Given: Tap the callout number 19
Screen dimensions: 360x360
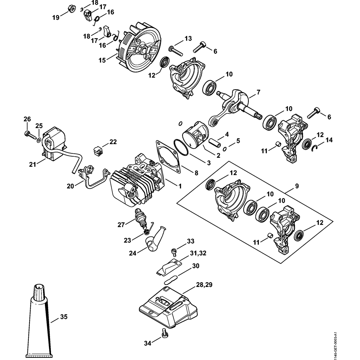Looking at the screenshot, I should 56,17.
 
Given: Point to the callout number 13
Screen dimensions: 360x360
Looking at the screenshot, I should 188,39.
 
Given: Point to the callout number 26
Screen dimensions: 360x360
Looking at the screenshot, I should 27,119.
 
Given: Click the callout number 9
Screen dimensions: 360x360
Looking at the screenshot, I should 297,186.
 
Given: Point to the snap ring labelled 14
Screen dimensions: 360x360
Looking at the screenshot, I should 314,146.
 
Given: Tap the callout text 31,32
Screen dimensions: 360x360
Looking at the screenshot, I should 198,254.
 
